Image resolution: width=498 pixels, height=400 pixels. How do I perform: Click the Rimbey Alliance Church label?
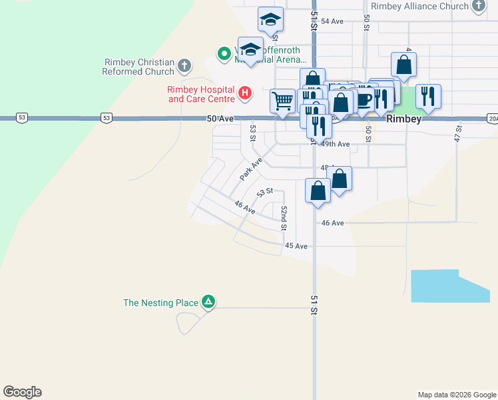pos(419,7)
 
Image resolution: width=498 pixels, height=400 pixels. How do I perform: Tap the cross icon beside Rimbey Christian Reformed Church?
pos(184,65)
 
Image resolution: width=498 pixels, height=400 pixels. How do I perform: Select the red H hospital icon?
pos(245,92)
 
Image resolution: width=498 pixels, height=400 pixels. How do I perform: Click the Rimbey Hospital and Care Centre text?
pos(201,94)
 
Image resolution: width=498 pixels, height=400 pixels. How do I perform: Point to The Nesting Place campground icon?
pos(208,303)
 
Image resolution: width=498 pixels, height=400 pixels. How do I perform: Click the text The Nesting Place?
pos(160,303)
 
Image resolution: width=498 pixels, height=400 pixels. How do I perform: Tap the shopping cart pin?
pos(282,101)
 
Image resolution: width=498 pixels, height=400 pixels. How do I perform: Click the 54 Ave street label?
pos(332,21)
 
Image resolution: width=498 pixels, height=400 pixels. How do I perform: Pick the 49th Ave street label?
pos(335,144)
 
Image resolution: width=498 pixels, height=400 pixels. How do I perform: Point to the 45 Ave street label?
pos(296,246)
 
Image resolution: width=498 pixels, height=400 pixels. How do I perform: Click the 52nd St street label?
pos(284,217)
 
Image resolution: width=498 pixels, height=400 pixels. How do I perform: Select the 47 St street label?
pos(458,133)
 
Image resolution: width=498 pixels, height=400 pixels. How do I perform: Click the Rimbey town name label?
pos(404,119)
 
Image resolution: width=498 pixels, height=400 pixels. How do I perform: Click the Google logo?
pos(22,392)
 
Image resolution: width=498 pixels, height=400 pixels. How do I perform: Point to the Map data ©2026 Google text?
pos(457,395)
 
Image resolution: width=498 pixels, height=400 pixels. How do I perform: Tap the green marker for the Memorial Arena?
pos(224,53)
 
